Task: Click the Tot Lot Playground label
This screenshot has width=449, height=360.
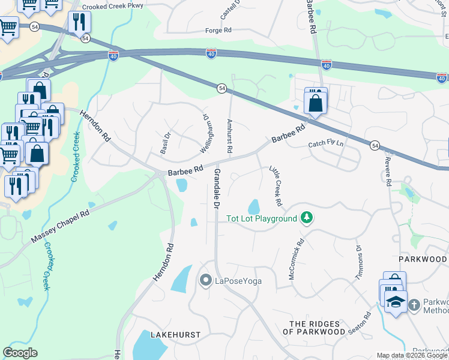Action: click(262, 218)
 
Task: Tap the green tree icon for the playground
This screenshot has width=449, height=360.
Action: click(307, 217)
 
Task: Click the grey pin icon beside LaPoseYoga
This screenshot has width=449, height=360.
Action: click(205, 280)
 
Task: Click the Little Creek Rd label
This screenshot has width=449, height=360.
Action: click(276, 184)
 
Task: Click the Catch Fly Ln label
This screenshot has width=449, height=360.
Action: click(327, 145)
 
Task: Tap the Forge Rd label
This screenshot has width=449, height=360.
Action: click(218, 29)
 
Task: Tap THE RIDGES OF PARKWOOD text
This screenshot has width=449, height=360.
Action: click(318, 328)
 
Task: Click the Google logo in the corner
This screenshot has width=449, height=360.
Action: click(20, 353)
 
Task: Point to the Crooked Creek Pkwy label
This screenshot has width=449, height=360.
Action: click(113, 7)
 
